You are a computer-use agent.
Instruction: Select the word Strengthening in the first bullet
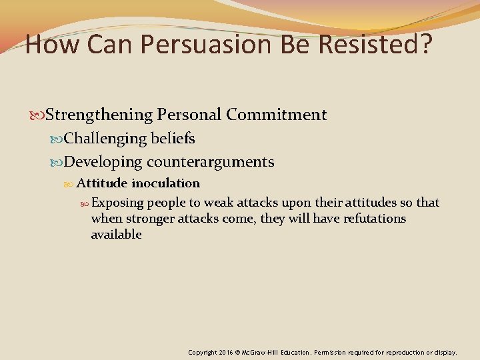tap(100, 115)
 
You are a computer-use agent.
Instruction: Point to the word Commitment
tap(276, 115)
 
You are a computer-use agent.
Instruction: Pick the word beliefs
tap(173, 139)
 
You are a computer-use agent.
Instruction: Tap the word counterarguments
tap(211, 162)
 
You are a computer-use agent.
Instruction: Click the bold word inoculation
tap(165, 183)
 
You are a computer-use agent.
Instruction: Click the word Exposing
tap(118, 203)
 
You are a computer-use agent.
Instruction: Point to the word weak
tap(219, 203)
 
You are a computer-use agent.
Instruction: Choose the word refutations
tap(375, 219)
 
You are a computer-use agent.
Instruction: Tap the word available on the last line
tap(116, 235)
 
